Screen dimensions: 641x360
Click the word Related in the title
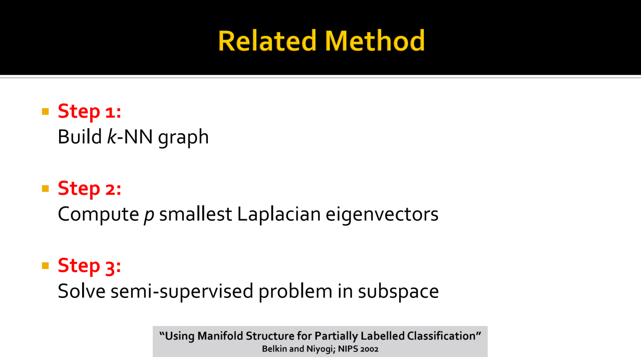(x=267, y=41)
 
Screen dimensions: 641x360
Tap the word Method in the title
(x=375, y=41)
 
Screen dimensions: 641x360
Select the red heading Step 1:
(x=89, y=112)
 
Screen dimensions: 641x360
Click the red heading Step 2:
(x=89, y=189)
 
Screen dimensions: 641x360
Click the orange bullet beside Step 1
(x=45, y=111)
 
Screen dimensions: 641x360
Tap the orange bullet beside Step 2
(x=45, y=189)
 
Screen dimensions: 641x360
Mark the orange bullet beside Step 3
(x=45, y=266)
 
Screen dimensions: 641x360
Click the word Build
(x=80, y=137)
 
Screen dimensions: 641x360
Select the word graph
(x=183, y=138)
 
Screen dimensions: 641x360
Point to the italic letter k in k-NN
(x=112, y=137)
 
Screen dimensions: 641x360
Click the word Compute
(x=99, y=215)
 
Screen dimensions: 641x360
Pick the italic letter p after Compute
(x=149, y=216)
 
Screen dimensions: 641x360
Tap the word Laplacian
(x=279, y=215)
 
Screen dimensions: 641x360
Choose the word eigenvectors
(x=382, y=215)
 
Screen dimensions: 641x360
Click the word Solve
(x=82, y=291)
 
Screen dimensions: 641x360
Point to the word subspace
(x=398, y=292)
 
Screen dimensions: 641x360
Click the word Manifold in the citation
(x=220, y=336)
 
